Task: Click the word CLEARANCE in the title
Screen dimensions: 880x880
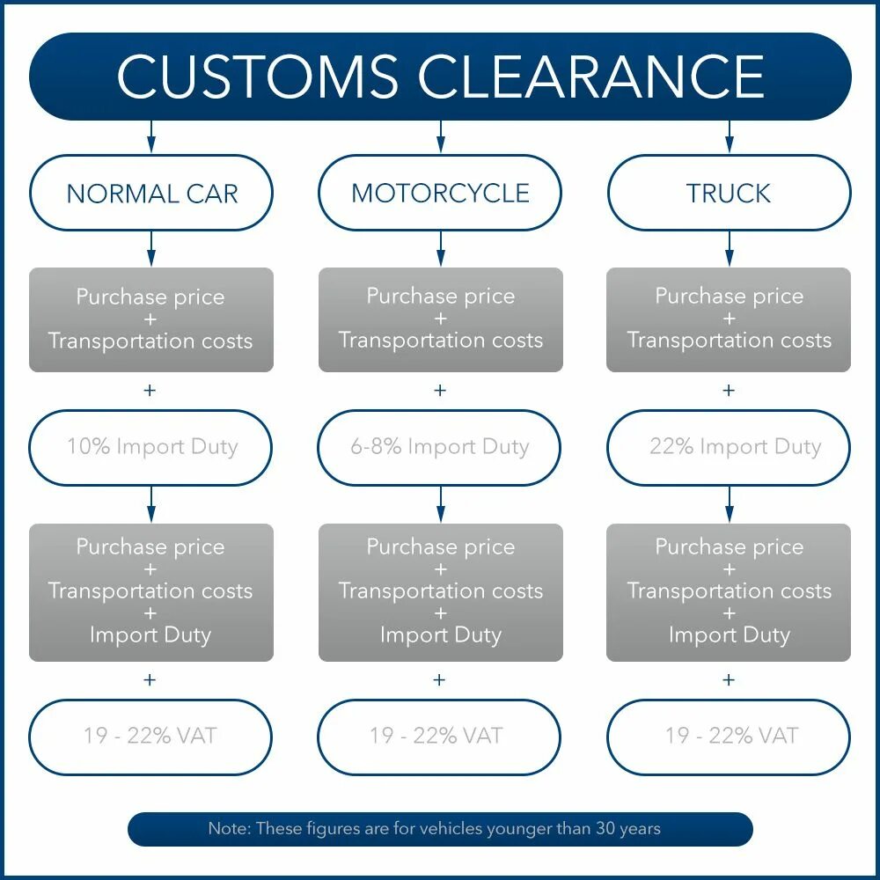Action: (x=590, y=77)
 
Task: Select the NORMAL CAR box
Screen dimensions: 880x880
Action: (x=151, y=194)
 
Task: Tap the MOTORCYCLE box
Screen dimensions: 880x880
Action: (x=440, y=194)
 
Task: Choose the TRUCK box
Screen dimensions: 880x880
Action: (x=729, y=194)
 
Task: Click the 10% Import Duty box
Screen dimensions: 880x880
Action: (x=151, y=447)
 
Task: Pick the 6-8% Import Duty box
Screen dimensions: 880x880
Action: (x=440, y=447)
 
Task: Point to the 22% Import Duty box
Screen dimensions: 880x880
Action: (x=729, y=447)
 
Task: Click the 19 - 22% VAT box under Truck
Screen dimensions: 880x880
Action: (x=729, y=737)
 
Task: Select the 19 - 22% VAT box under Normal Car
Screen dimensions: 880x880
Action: (x=151, y=737)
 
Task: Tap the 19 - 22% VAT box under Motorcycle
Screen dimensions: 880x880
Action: (x=440, y=737)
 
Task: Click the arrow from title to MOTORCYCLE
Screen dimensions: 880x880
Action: (x=440, y=136)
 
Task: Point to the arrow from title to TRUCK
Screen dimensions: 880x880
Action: (x=729, y=136)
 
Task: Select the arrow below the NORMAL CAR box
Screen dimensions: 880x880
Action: (x=151, y=248)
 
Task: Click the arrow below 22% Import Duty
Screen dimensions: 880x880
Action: (x=729, y=504)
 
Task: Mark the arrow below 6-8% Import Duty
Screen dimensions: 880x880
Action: (x=440, y=504)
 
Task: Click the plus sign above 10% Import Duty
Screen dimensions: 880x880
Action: (x=150, y=390)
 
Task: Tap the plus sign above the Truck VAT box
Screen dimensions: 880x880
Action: (x=729, y=679)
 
